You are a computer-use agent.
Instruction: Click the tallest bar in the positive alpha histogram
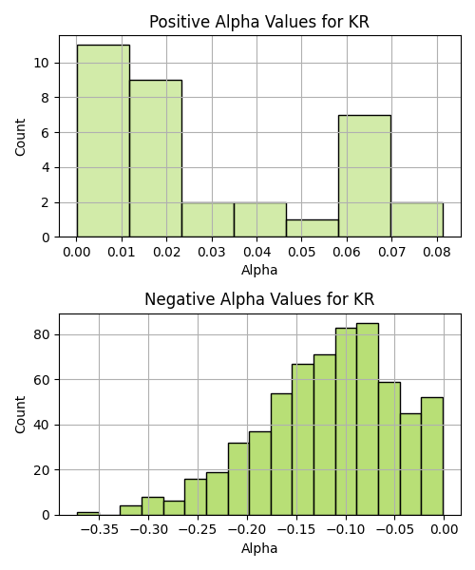pyautogui.click(x=104, y=141)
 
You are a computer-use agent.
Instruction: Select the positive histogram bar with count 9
pyautogui.click(x=156, y=159)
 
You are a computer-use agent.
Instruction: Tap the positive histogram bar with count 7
pyautogui.click(x=365, y=177)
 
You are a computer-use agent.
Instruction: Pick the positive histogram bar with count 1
pyautogui.click(x=313, y=228)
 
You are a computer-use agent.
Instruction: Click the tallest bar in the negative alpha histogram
pyautogui.click(x=368, y=419)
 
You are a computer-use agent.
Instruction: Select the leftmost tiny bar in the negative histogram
pyautogui.click(x=87, y=514)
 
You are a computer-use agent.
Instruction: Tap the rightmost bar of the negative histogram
pyautogui.click(x=432, y=456)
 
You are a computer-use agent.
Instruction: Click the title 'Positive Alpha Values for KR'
pyautogui.click(x=259, y=22)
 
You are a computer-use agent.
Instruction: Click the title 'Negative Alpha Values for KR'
pyautogui.click(x=259, y=299)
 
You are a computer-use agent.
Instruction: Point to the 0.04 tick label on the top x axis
pyautogui.click(x=256, y=252)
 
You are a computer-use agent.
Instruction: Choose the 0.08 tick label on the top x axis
pyautogui.click(x=437, y=252)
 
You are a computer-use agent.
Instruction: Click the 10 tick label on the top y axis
pyautogui.click(x=41, y=64)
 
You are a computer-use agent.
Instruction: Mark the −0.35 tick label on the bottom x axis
pyautogui.click(x=99, y=530)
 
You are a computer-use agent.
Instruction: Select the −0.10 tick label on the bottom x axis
pyautogui.click(x=346, y=530)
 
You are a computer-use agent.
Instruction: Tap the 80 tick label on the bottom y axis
pyautogui.click(x=41, y=334)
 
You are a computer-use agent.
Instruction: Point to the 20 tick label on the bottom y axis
pyautogui.click(x=41, y=470)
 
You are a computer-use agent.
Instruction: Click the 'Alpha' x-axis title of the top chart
pyautogui.click(x=259, y=270)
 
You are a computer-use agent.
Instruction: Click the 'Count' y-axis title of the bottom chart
pyautogui.click(x=20, y=415)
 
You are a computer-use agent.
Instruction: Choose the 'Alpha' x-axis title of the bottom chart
pyautogui.click(x=259, y=548)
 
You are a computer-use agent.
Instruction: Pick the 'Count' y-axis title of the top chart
pyautogui.click(x=20, y=137)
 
